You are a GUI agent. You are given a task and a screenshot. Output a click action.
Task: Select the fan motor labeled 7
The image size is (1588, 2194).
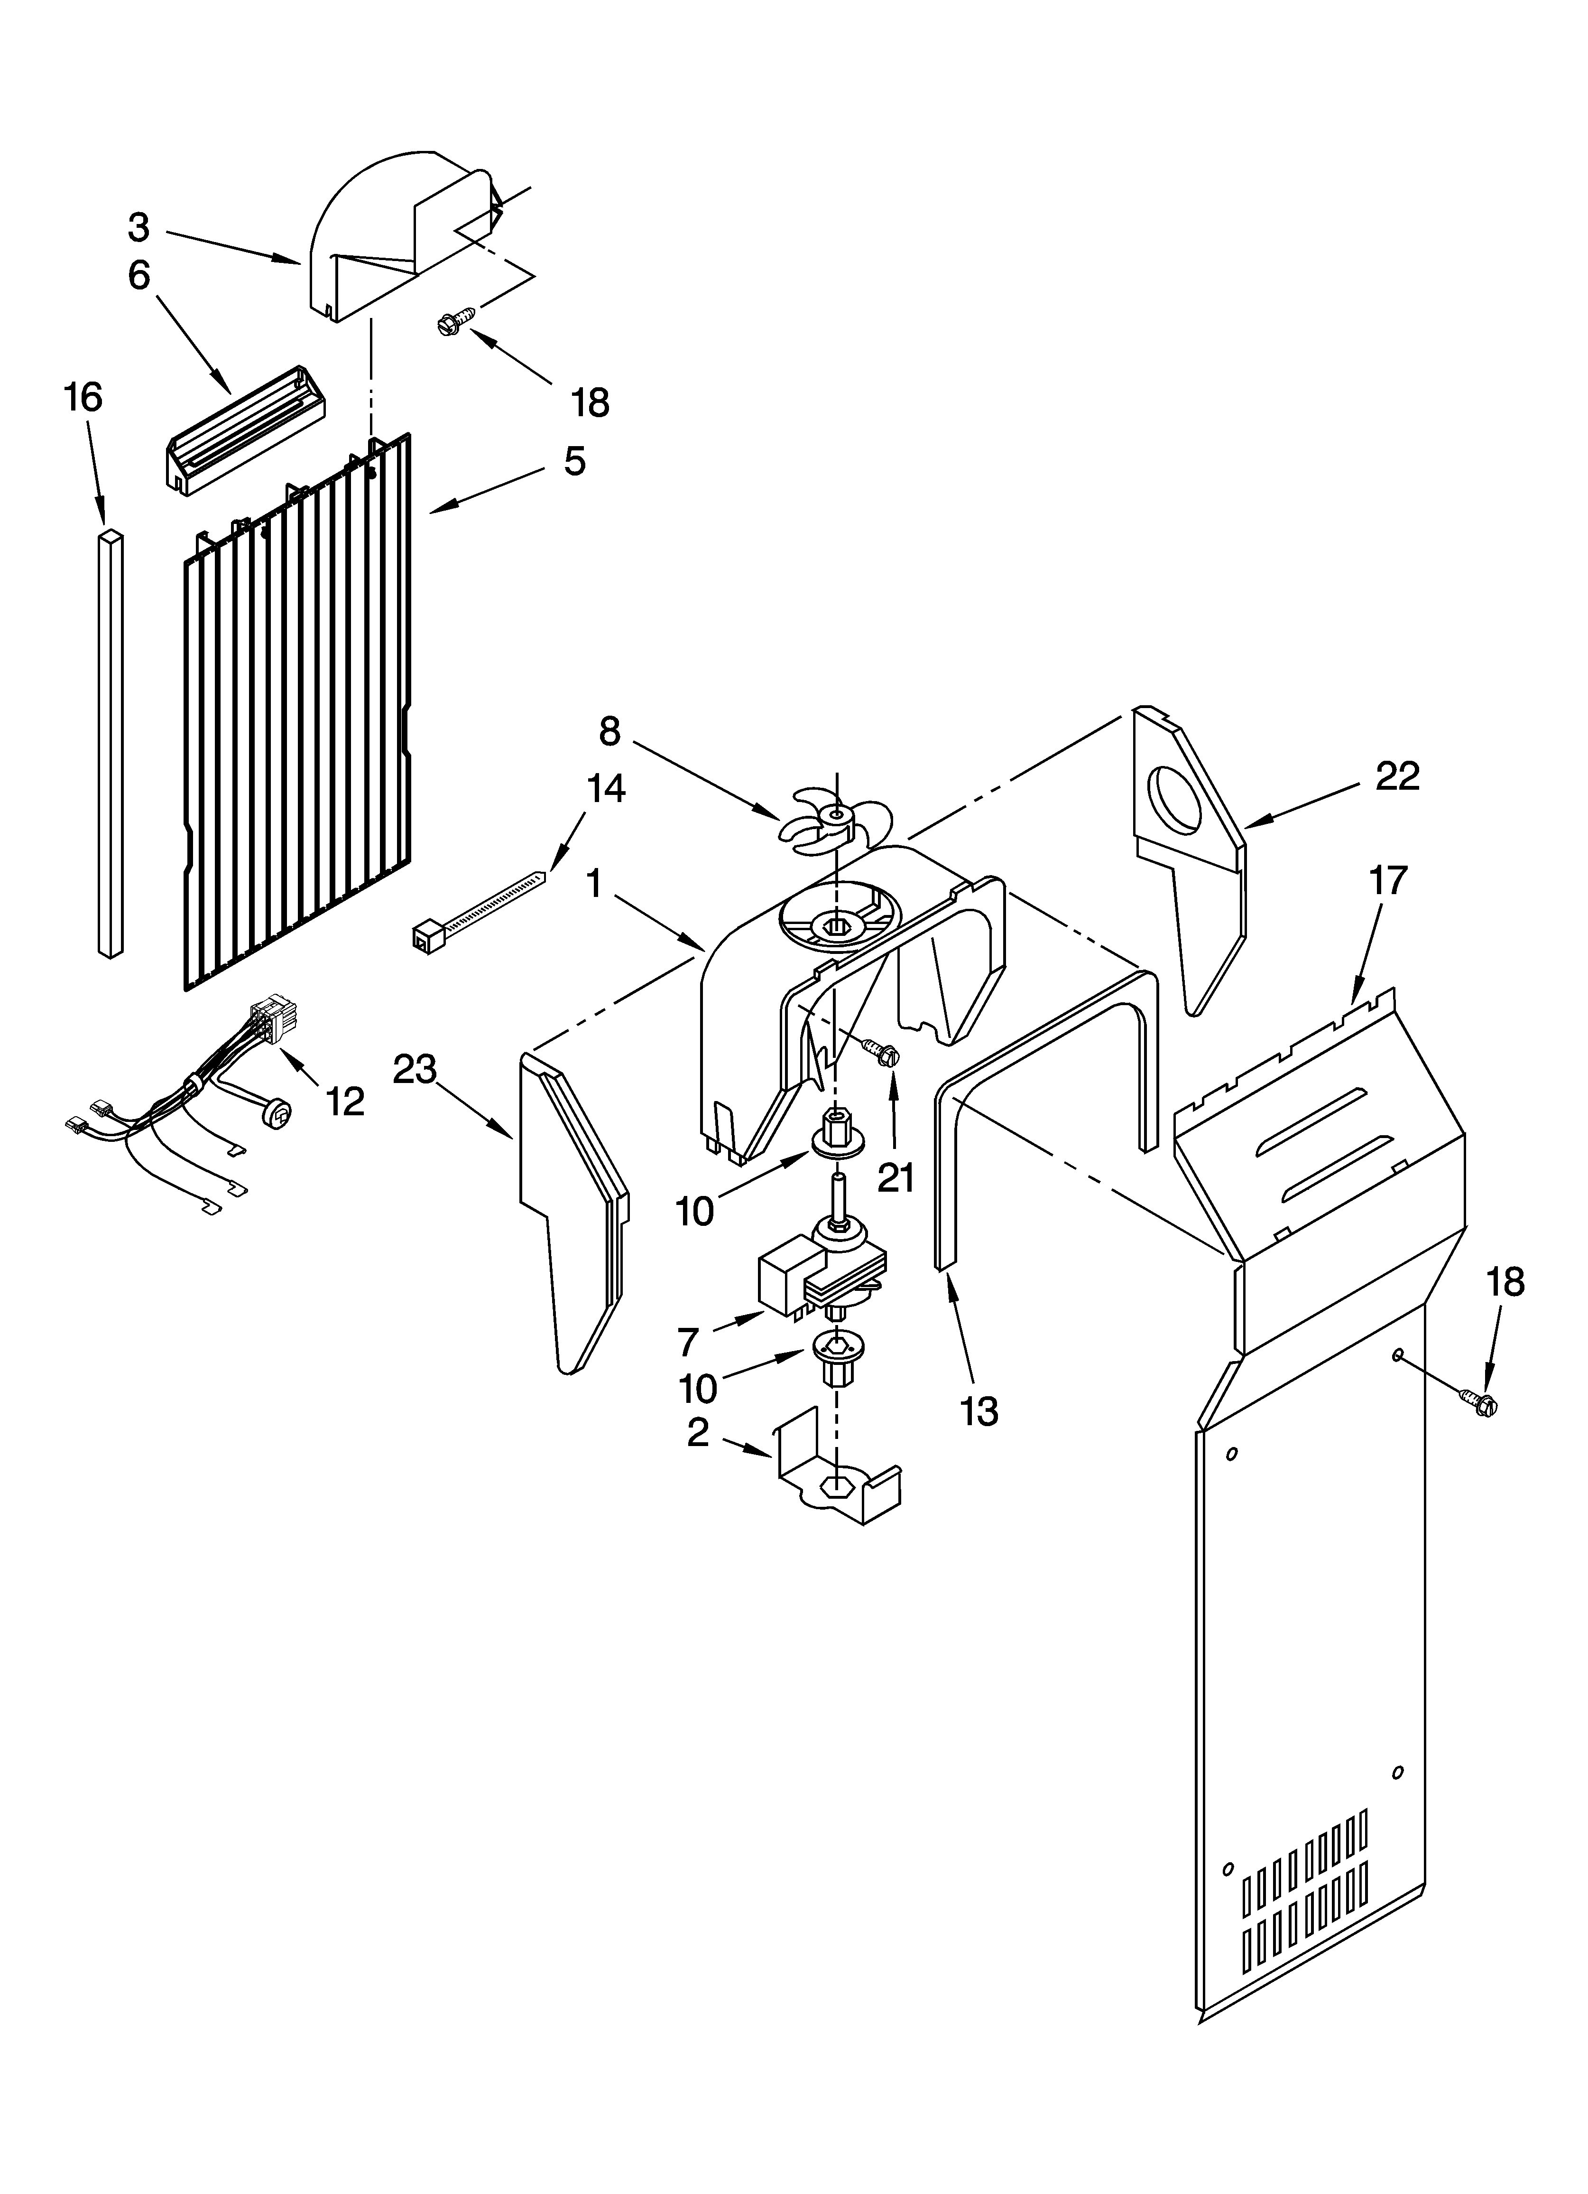(820, 1275)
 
